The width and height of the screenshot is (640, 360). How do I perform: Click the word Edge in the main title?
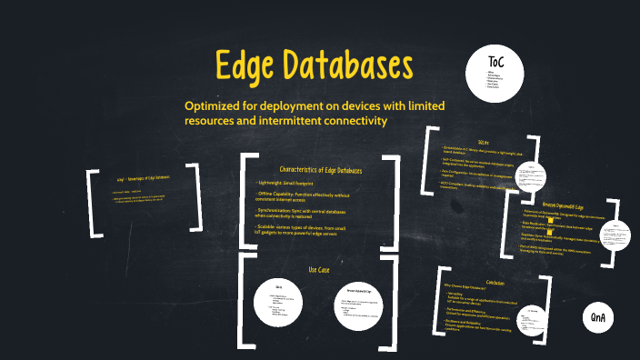(249, 66)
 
